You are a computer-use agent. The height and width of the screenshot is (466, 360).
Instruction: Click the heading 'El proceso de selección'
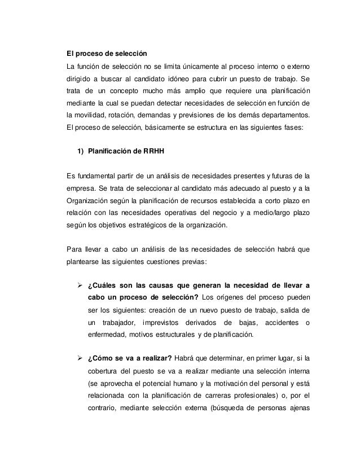(x=107, y=54)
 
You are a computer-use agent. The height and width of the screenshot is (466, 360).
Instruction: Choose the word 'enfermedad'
(x=107, y=335)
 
